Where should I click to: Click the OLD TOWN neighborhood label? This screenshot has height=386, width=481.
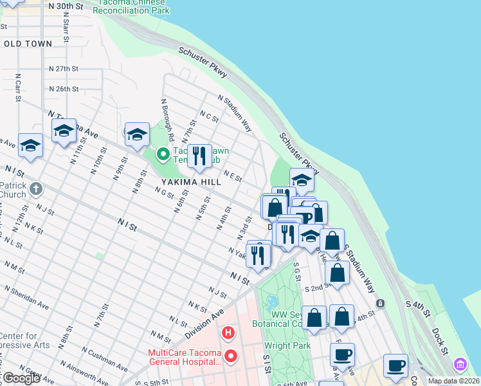[28, 44]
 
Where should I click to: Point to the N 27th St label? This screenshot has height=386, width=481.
[63, 68]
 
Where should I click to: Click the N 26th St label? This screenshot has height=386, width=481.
[63, 89]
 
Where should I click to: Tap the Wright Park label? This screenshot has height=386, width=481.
[287, 345]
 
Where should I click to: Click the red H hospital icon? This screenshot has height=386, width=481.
[228, 333]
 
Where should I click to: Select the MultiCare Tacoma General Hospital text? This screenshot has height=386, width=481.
[185, 357]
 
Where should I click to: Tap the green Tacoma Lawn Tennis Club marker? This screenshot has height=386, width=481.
[163, 154]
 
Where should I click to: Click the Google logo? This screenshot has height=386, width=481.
[21, 378]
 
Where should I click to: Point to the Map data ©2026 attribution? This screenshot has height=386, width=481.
[453, 381]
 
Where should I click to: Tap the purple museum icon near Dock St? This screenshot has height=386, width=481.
[460, 365]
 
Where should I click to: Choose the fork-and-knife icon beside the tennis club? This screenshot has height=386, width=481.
[199, 156]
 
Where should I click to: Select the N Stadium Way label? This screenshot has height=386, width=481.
[235, 113]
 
